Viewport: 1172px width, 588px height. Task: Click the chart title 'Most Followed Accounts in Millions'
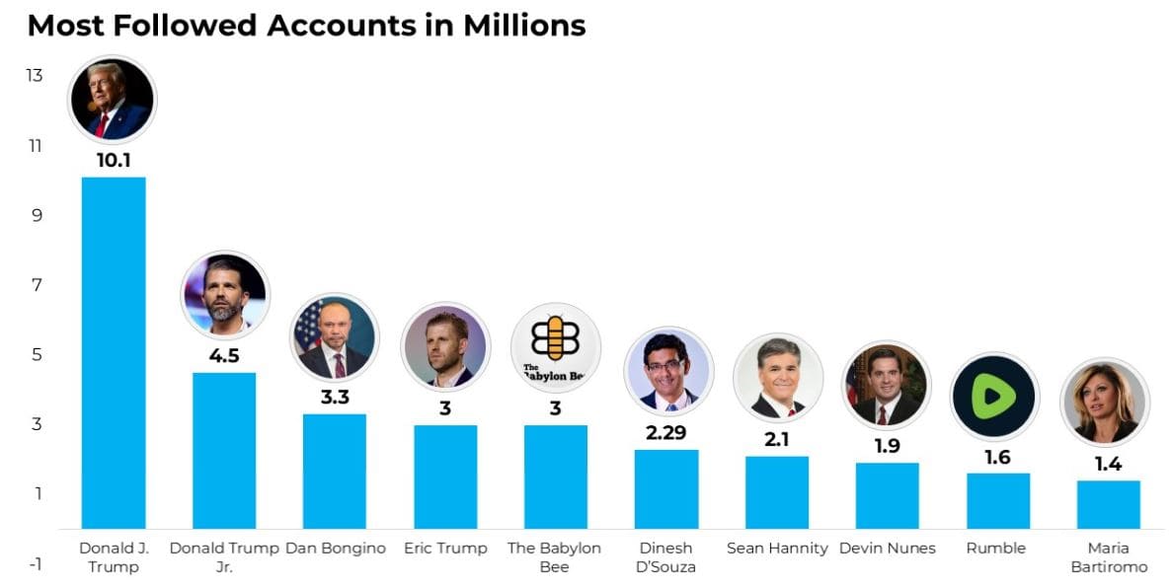click(x=306, y=25)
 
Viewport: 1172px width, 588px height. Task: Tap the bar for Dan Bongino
click(x=335, y=471)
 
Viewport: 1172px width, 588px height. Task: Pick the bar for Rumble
click(x=997, y=500)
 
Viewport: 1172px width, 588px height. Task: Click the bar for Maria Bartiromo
click(x=1108, y=504)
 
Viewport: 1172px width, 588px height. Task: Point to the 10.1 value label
click(x=114, y=160)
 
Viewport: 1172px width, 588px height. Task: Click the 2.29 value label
click(x=666, y=432)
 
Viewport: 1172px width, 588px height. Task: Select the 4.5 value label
click(x=224, y=355)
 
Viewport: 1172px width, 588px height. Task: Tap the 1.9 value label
click(x=887, y=446)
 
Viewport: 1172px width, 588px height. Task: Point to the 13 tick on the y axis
click(x=36, y=75)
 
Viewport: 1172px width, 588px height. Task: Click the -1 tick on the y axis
click(x=36, y=564)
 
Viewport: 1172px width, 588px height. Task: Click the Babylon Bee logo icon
click(x=555, y=346)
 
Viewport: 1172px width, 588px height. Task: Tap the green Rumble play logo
click(x=994, y=397)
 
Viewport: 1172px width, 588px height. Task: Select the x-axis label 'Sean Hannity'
click(x=777, y=549)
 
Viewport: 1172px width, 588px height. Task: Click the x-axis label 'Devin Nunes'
click(x=887, y=549)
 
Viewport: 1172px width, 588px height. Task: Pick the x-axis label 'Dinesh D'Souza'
click(x=666, y=557)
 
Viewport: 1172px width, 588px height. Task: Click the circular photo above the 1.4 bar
click(x=1104, y=402)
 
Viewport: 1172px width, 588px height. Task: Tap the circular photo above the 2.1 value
click(x=778, y=378)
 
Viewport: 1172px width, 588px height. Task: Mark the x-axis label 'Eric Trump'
click(x=445, y=549)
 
